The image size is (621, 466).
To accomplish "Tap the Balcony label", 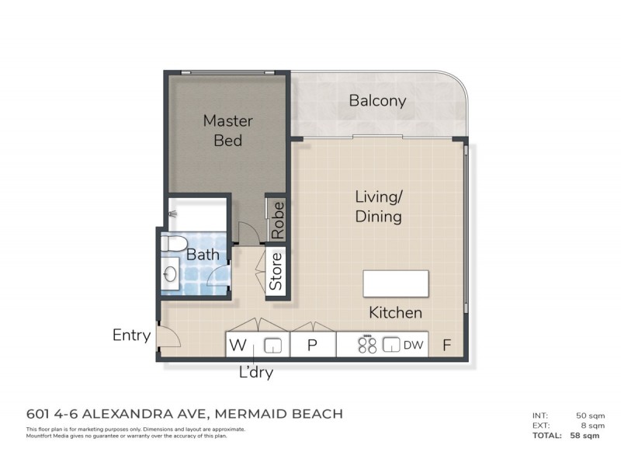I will click(377, 101).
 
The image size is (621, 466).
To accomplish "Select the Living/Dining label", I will click(378, 207).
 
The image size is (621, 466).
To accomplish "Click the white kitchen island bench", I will click(396, 283).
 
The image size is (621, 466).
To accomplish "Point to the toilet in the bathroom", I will click(175, 244).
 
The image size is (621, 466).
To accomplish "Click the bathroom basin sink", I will click(171, 273).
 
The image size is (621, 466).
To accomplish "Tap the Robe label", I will click(277, 220).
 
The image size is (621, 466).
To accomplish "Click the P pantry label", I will click(312, 346).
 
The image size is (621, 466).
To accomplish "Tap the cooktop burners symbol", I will click(366, 345).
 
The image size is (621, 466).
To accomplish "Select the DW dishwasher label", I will click(413, 346).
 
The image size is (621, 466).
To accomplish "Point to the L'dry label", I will click(255, 372).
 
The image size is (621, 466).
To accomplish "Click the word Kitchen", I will click(395, 313).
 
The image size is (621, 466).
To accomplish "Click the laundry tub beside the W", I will click(272, 345).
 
